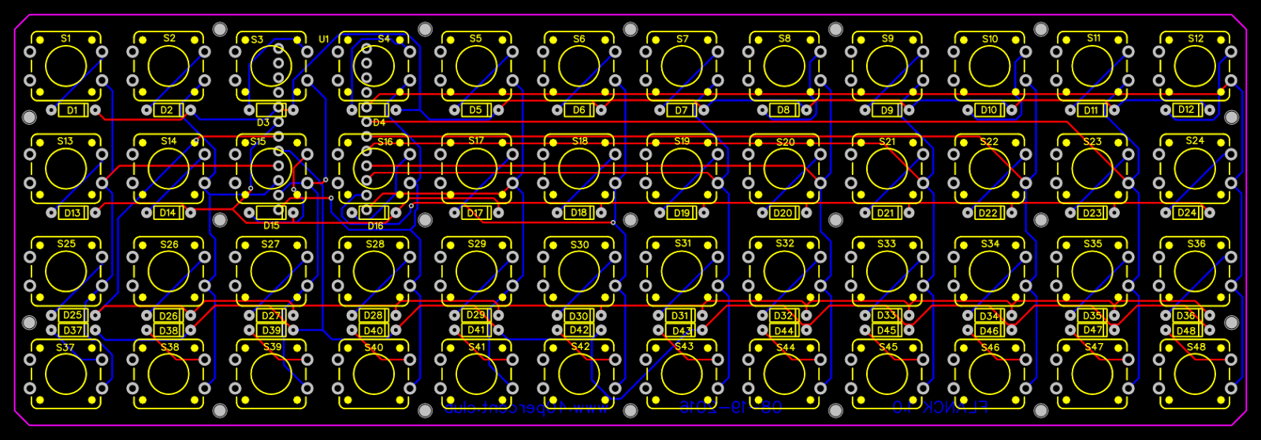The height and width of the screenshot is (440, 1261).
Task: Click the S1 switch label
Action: coord(65,39)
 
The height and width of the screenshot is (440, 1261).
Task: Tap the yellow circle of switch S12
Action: coord(1195,65)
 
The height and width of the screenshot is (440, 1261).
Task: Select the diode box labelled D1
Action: coord(73,110)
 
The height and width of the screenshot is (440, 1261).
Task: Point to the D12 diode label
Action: coord(1186,110)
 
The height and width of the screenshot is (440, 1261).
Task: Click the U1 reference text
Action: coord(324,39)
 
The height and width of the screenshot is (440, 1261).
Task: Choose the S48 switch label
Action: coord(1196,347)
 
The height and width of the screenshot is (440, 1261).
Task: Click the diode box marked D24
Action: coord(1186,212)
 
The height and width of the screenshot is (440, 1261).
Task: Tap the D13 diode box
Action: coord(73,213)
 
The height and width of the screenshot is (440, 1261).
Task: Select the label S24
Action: coord(1195,141)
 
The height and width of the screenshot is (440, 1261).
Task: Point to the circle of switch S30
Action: coord(579,271)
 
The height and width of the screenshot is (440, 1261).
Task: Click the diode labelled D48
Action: coord(1186,331)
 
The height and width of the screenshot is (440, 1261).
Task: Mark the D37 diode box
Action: coord(73,331)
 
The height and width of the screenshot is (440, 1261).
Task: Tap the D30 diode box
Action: coord(578,316)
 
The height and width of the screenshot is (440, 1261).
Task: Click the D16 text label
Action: coord(375,226)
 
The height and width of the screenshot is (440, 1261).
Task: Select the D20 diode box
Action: coord(783,213)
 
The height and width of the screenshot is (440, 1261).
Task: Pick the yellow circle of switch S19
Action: coord(682,169)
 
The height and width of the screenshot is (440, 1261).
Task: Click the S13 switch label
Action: coord(65,141)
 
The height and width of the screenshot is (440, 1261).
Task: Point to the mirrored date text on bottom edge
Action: coord(731,408)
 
